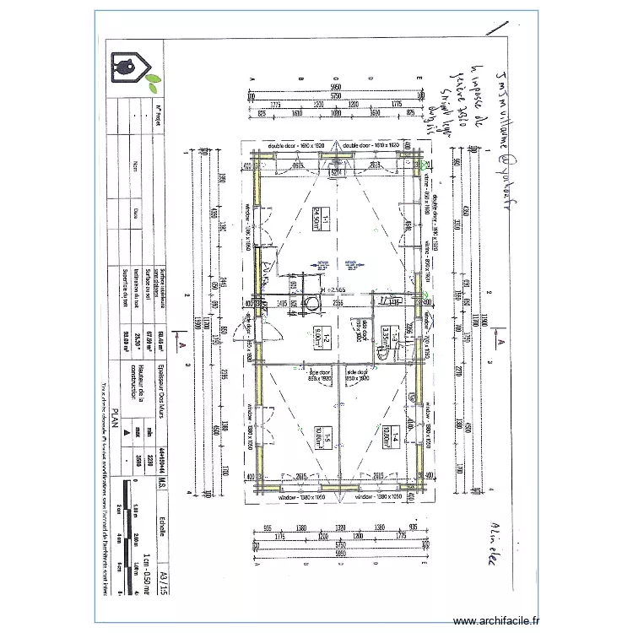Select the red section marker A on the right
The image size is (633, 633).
point(499,342)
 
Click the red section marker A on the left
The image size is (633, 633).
point(181,344)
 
